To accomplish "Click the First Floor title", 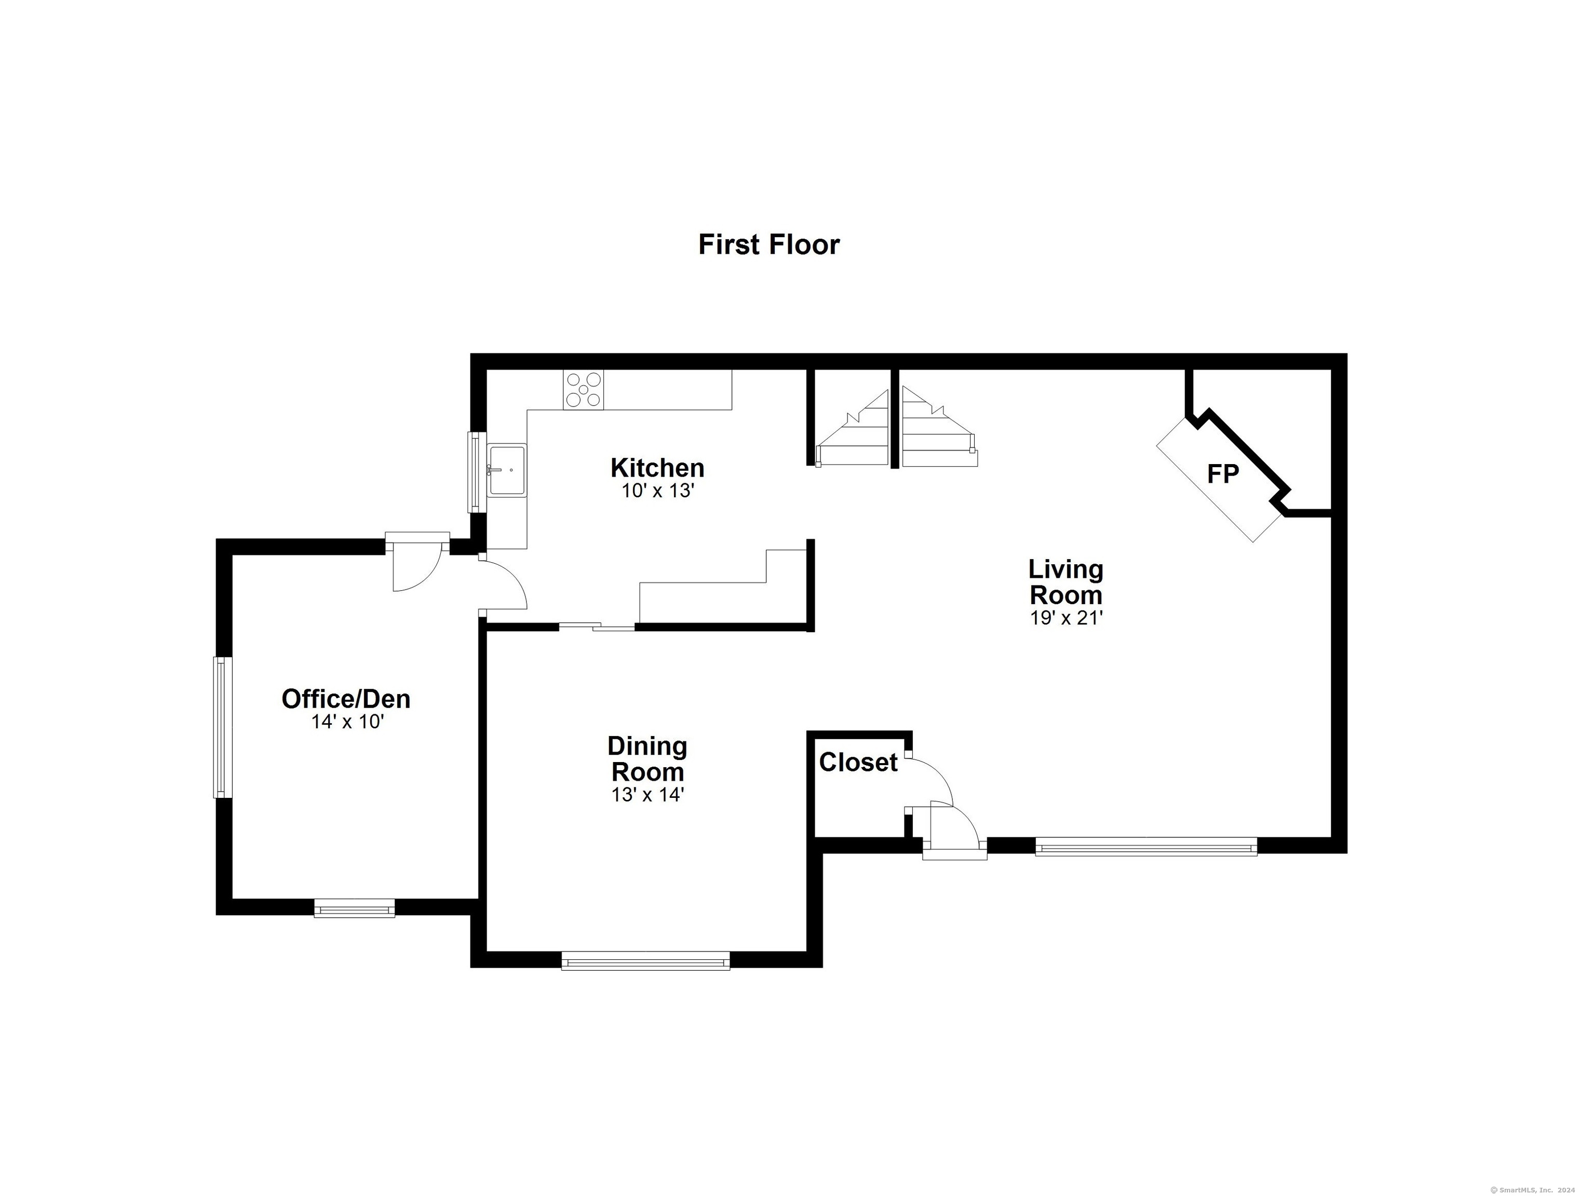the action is point(768,244).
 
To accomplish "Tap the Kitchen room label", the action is point(657,468).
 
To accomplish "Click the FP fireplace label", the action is point(1223,473).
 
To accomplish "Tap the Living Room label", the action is point(1066,582).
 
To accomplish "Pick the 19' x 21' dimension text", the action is point(1067,618).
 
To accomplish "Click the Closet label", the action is point(858,763).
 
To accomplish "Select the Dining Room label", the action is point(647,759).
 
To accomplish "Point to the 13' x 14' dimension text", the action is point(647,795).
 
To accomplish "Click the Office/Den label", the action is point(346,699).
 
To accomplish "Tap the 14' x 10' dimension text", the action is point(347,722).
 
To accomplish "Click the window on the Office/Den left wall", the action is point(223,727).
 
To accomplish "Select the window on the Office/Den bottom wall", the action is point(355,908).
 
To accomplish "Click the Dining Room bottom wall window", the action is point(645,961).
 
